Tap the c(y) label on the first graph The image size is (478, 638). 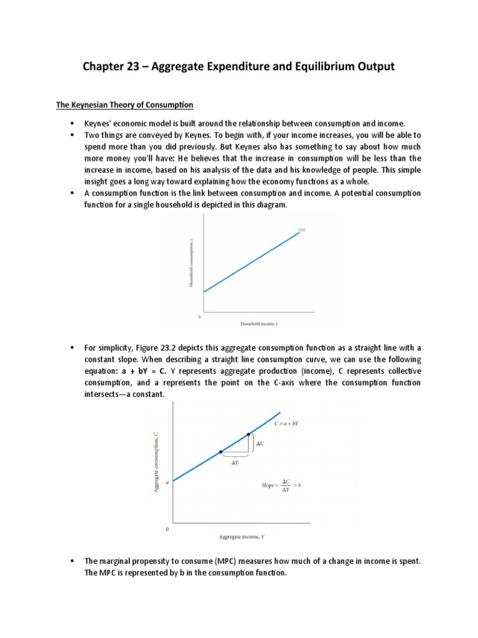(302, 230)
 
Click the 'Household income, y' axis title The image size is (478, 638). (263, 324)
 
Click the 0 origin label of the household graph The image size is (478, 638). (199, 317)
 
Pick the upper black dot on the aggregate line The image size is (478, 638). (248, 434)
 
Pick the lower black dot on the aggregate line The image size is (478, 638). (221, 452)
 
